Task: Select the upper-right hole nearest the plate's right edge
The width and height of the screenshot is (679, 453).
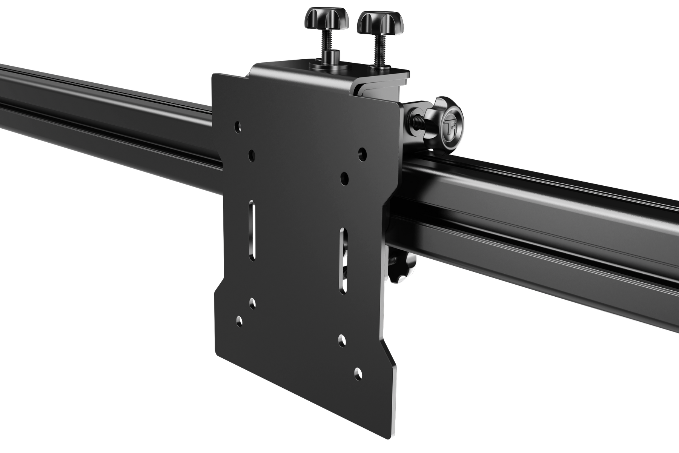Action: (363, 153)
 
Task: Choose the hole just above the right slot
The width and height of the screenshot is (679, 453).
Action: (344, 178)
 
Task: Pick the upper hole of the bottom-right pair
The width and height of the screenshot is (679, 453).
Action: (341, 338)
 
